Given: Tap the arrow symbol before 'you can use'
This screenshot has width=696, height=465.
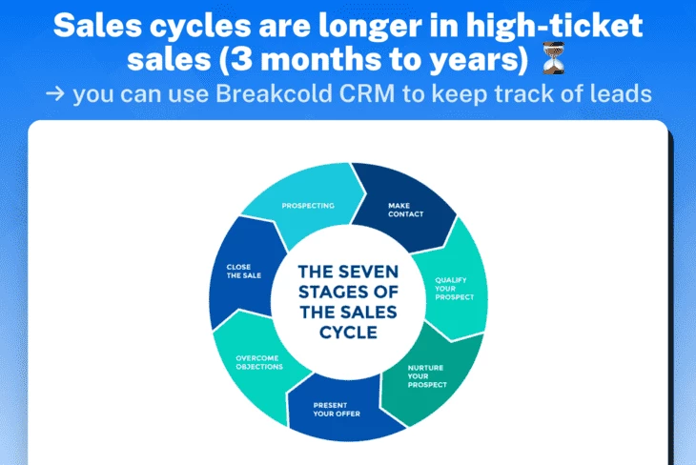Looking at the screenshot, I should tap(54, 94).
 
